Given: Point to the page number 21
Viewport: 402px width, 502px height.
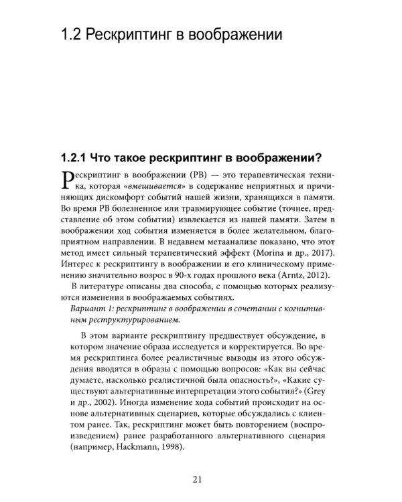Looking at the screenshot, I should pos(201,478).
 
